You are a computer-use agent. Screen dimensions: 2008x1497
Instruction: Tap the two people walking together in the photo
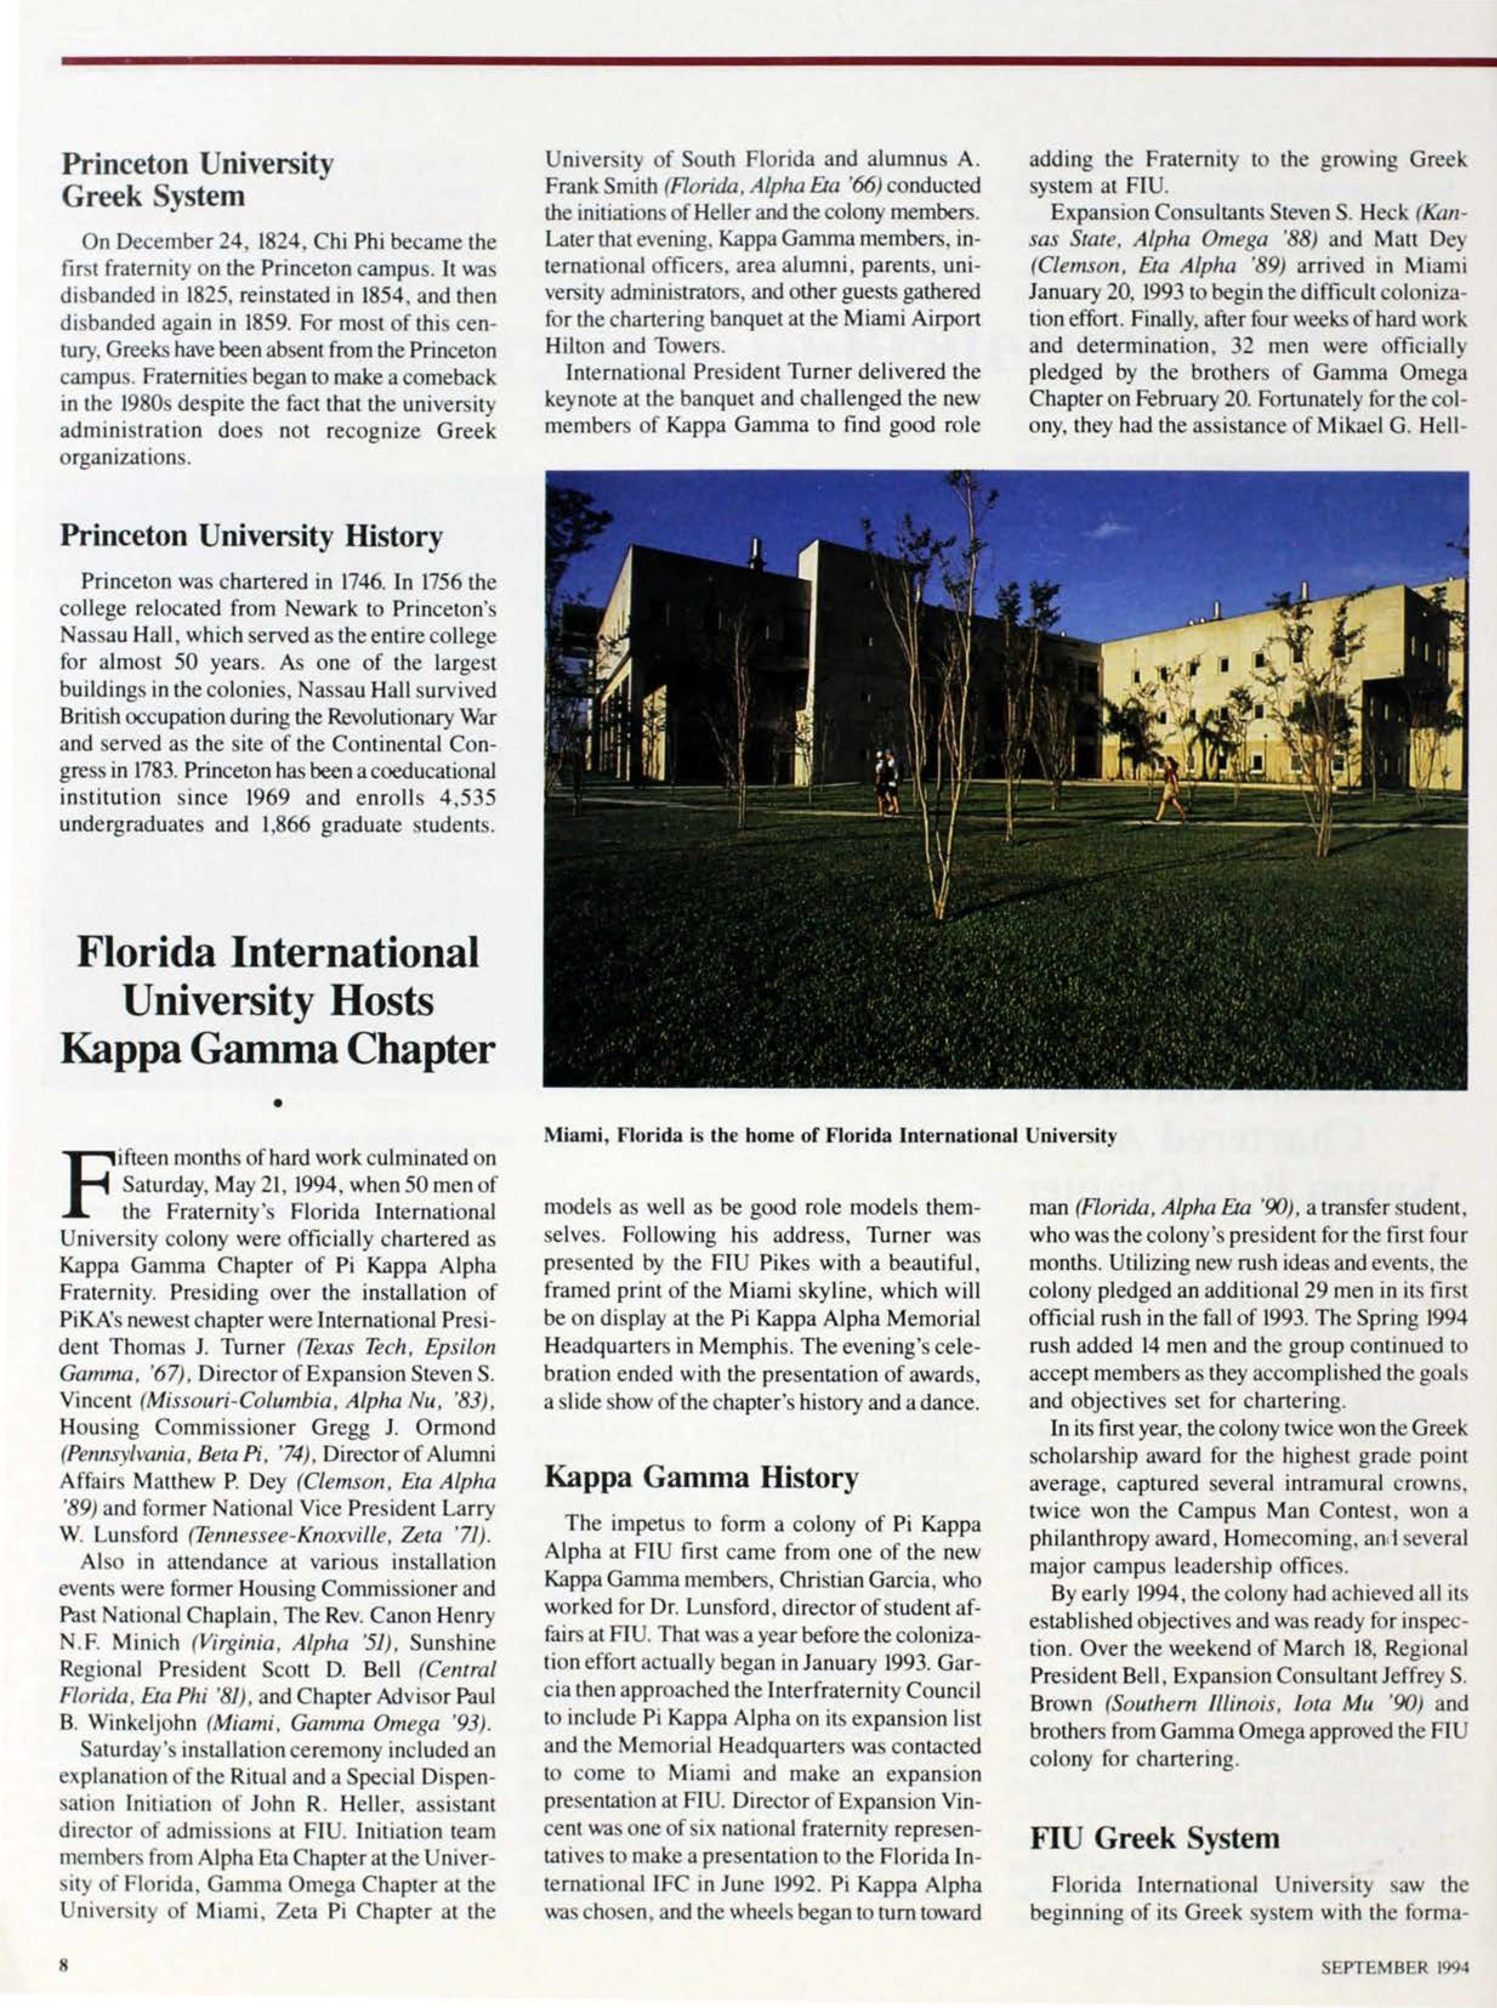click(885, 781)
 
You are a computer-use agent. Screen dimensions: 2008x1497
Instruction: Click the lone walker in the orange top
click(1171, 789)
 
